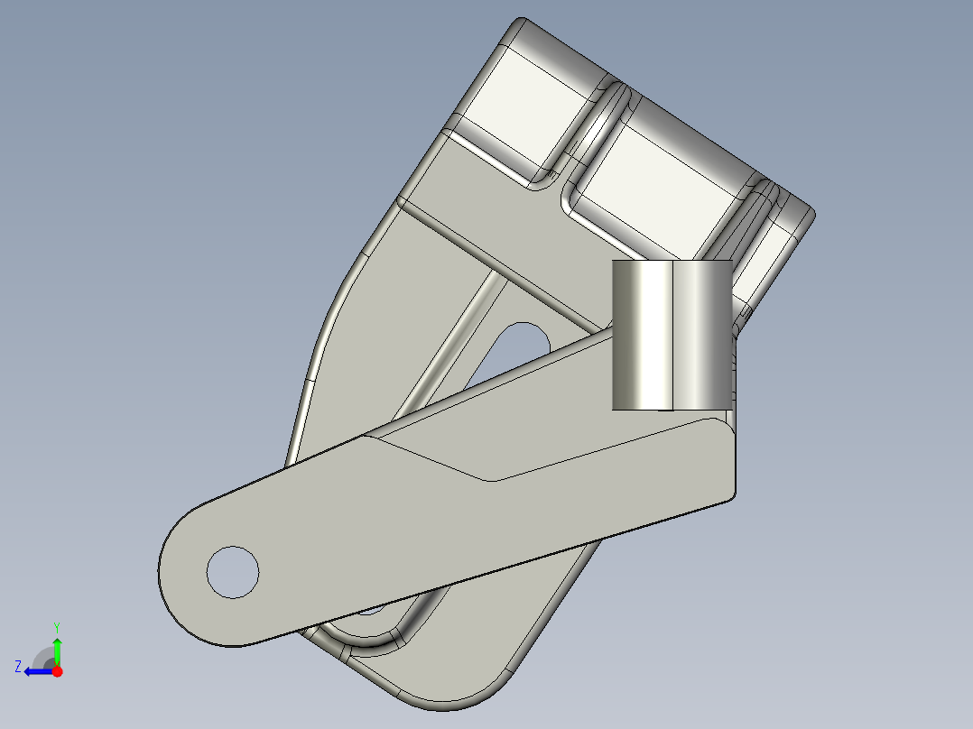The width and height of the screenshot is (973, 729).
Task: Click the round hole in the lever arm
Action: tap(233, 571)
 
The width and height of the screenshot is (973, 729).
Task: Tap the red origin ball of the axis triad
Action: tap(57, 671)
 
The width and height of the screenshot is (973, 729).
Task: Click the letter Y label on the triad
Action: tap(56, 626)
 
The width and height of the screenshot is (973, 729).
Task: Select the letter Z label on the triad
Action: tap(17, 667)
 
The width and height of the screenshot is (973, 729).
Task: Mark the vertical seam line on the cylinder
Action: tap(673, 334)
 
